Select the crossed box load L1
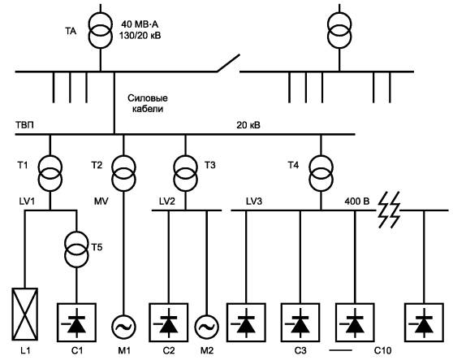pos(25,314)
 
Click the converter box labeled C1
pos(76,322)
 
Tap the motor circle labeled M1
pos(124,327)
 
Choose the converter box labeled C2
pos(168,322)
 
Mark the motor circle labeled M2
pos(206,327)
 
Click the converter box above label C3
pos(300,322)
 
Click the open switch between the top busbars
pos(228,63)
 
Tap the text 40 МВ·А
pos(140,24)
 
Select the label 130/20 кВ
pos(140,36)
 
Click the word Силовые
pos(148,98)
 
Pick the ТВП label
pos(24,125)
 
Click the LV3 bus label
pos(254,201)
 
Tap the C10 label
pos(383,350)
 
